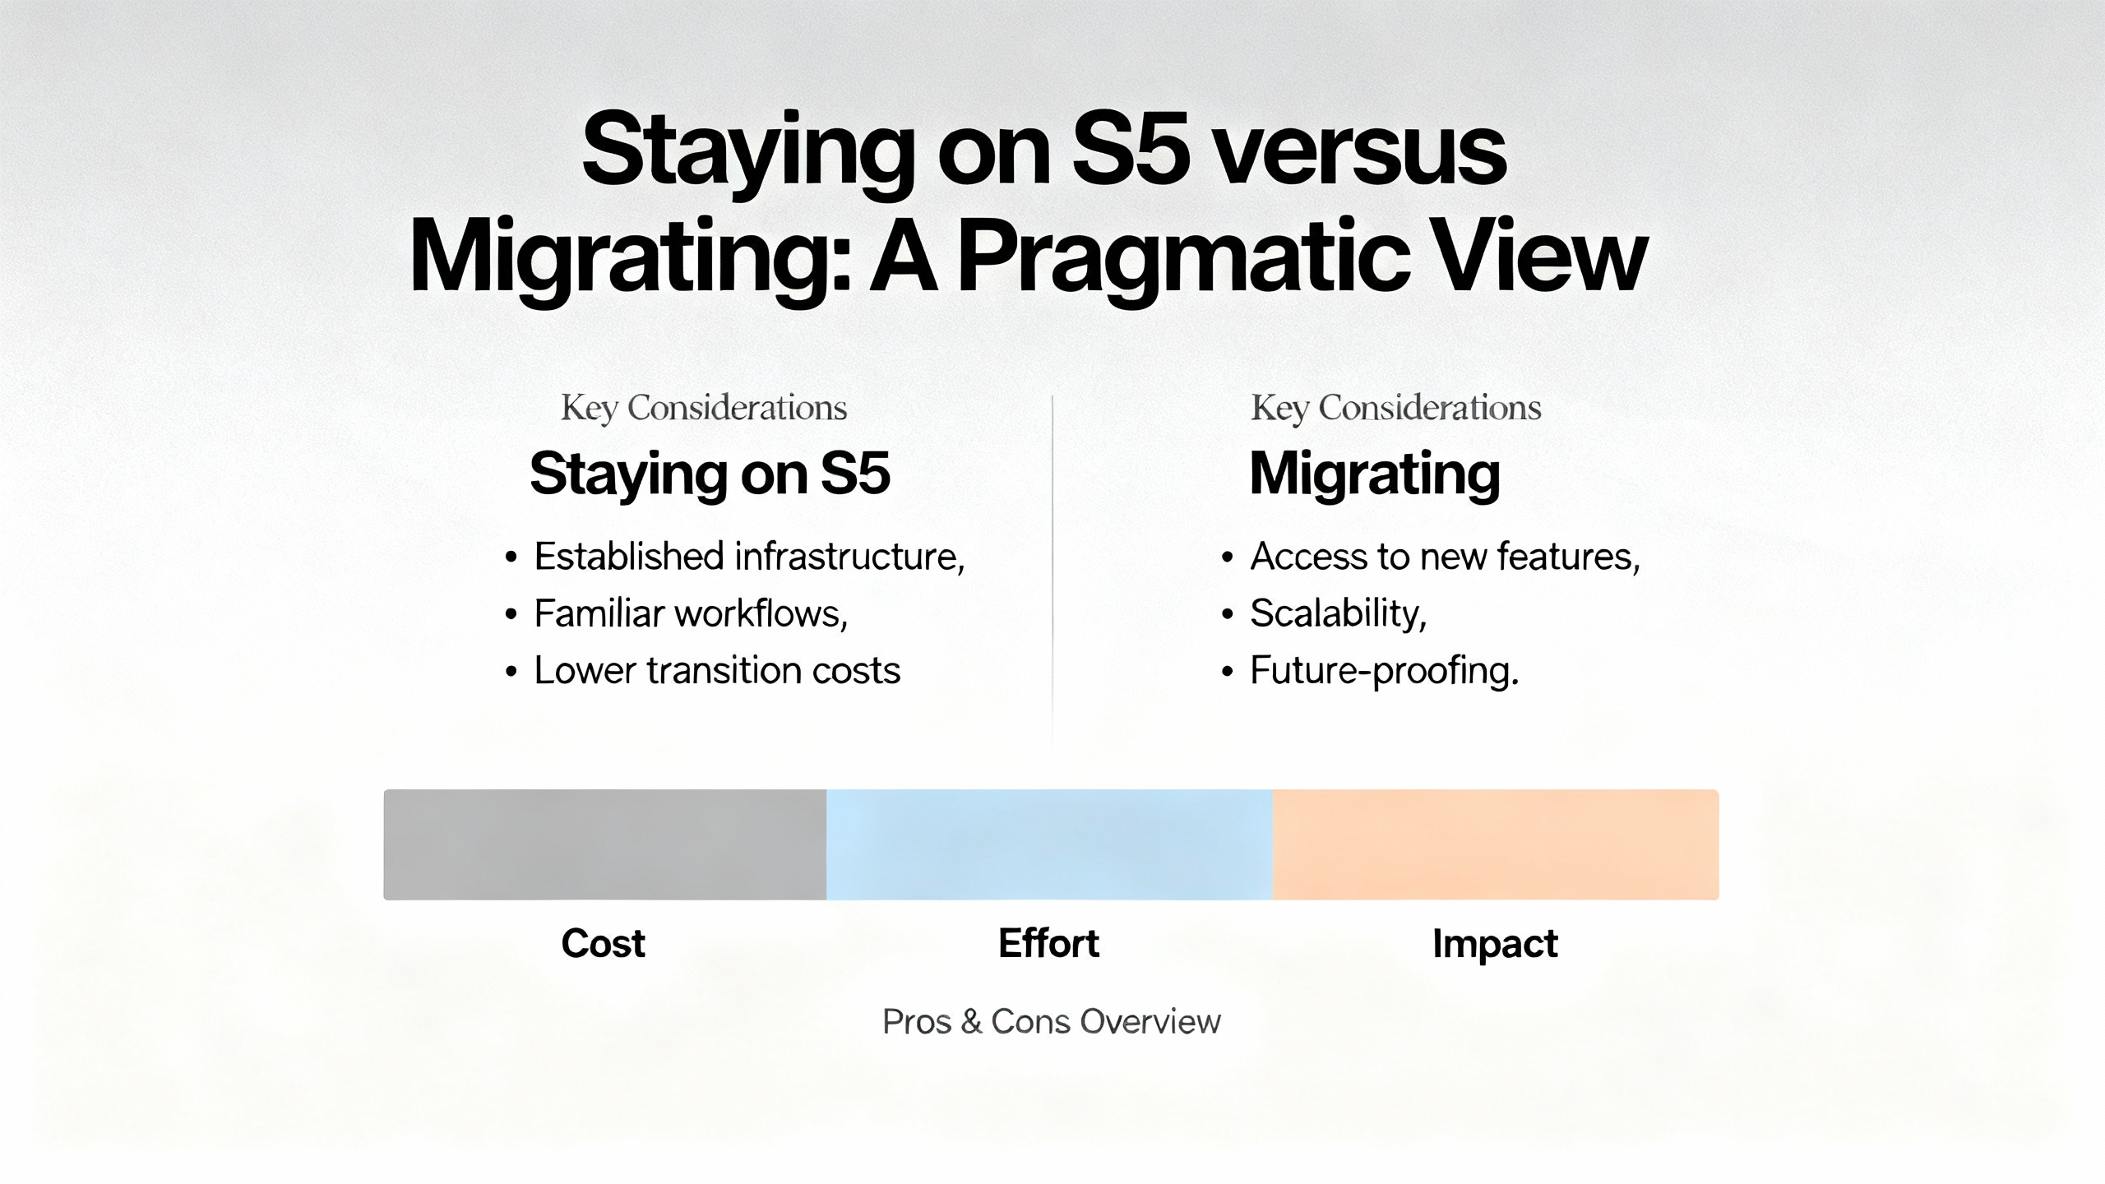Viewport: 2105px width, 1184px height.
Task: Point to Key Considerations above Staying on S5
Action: click(704, 408)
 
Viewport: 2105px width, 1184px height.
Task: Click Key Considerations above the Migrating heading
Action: click(1396, 408)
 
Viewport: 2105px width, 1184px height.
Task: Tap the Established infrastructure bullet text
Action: click(749, 557)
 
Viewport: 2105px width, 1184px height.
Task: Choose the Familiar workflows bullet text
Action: click(691, 613)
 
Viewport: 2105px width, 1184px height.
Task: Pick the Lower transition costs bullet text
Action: click(717, 670)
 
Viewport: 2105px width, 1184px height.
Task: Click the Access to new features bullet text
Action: click(1446, 557)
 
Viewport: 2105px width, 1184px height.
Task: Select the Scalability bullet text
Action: click(1339, 613)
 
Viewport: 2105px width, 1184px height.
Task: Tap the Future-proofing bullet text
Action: click(1385, 671)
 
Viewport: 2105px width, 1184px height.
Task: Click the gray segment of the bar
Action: click(605, 844)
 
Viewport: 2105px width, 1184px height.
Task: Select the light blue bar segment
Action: click(1049, 844)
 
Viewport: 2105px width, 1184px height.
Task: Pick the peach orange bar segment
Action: click(1496, 844)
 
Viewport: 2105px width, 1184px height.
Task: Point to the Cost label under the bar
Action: click(603, 943)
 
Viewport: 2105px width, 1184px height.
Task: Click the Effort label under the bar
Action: click(1048, 943)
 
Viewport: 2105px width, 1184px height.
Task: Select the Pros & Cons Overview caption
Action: click(1052, 1021)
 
